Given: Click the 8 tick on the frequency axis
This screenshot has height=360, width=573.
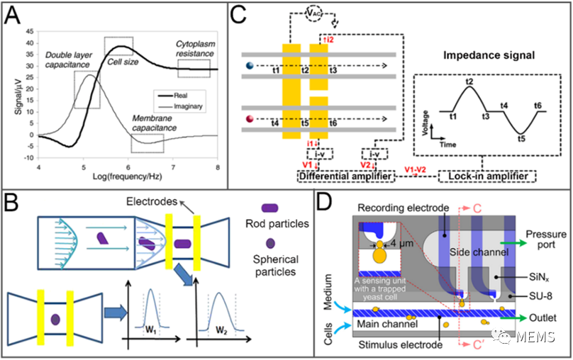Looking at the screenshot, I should tap(218, 166).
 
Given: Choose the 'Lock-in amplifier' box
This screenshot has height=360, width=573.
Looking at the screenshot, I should tap(487, 174).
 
